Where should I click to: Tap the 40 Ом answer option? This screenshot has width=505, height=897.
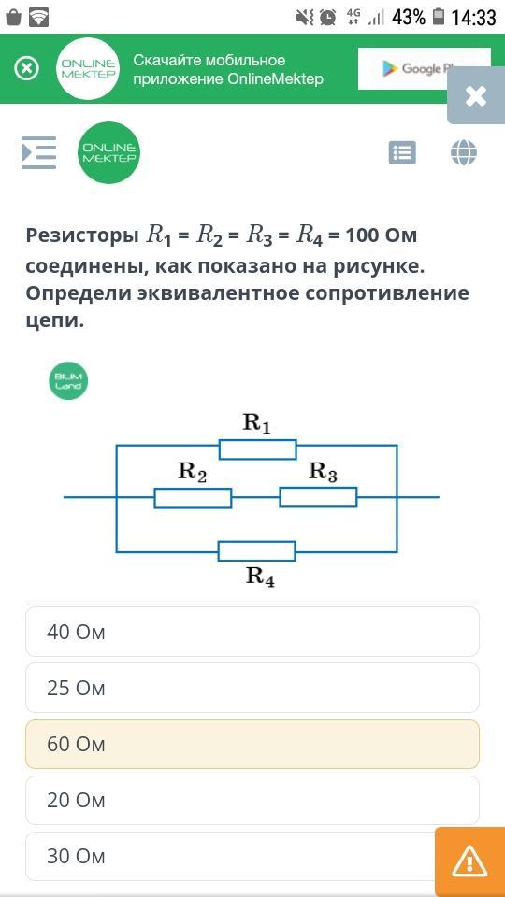252,632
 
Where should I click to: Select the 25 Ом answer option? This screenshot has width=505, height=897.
252,688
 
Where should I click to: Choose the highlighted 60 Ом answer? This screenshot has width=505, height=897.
252,744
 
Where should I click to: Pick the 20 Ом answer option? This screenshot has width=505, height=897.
252,800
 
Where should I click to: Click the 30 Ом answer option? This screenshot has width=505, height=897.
229,856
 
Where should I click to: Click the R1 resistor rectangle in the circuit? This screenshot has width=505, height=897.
258,449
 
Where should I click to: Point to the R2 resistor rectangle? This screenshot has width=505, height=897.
193,498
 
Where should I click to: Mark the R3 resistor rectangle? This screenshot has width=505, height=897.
318,498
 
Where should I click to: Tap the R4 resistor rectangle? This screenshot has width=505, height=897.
257,551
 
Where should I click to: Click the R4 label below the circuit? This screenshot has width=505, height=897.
261,577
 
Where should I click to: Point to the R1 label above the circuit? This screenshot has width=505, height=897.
257,423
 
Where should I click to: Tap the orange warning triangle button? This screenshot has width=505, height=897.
469,861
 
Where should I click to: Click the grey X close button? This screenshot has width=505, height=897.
476,96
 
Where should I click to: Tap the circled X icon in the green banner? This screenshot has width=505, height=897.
27,68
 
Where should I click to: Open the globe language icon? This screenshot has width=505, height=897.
464,152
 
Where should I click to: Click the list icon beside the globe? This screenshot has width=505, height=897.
402,152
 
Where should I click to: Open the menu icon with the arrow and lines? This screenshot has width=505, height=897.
39,152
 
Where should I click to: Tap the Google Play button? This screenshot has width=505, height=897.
425,68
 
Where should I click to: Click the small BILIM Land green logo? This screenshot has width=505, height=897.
68,380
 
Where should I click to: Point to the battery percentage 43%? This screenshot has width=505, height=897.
409,18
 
